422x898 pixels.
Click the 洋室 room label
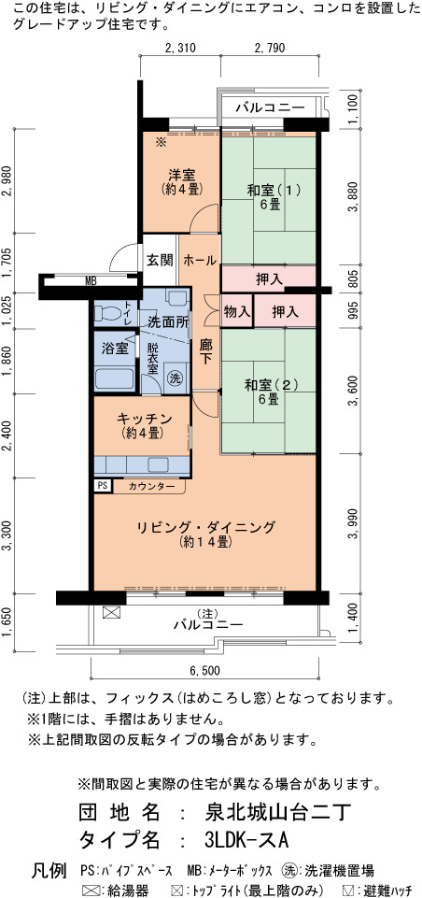(x=182, y=174)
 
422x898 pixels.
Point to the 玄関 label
(x=159, y=260)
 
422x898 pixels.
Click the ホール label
(x=199, y=260)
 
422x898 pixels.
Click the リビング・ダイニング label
(x=206, y=527)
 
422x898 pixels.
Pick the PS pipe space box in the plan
(x=103, y=486)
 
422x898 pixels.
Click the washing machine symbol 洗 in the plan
(x=174, y=378)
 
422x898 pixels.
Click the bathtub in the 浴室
(x=115, y=378)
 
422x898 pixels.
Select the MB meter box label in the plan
(x=91, y=280)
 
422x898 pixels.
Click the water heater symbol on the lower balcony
(x=109, y=612)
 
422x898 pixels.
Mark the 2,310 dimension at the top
(x=180, y=48)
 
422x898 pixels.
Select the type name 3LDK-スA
(x=246, y=840)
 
